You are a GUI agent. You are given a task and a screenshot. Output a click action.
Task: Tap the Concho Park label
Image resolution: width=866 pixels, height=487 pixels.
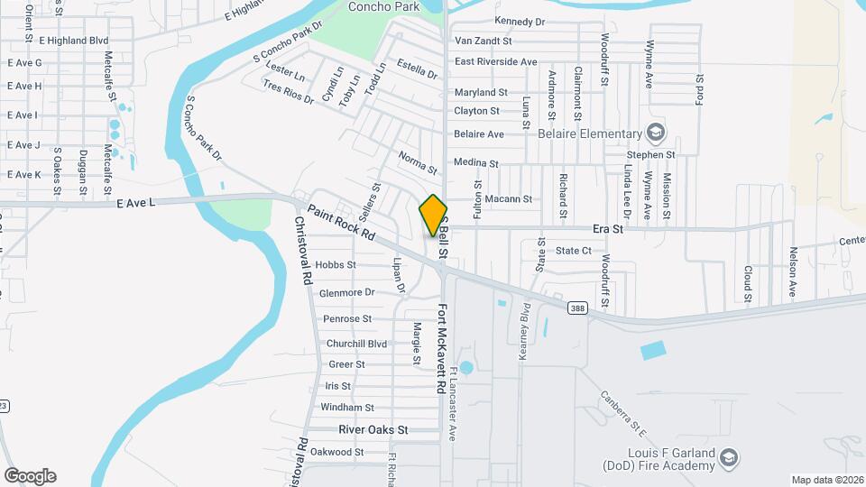pyautogui.click(x=383, y=7)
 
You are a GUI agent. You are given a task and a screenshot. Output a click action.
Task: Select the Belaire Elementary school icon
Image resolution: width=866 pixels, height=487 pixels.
pyautogui.click(x=655, y=133)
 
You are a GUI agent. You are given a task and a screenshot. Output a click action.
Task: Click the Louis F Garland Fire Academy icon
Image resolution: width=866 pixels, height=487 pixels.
pyautogui.click(x=728, y=460)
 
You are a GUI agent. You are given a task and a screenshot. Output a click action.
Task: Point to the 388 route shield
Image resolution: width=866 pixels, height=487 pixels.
pyautogui.click(x=578, y=308)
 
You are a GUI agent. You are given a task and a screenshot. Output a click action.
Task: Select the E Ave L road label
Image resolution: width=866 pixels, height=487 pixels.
pyautogui.click(x=136, y=204)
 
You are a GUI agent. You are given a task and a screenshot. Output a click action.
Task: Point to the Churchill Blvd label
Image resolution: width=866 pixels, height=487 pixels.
pyautogui.click(x=356, y=344)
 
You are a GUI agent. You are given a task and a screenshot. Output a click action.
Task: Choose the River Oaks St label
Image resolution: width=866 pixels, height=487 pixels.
pyautogui.click(x=373, y=430)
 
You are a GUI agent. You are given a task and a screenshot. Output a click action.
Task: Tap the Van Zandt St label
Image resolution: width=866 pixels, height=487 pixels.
pyautogui.click(x=483, y=41)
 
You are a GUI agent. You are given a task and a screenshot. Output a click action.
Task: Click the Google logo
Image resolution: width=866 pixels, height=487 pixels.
pyautogui.click(x=30, y=475)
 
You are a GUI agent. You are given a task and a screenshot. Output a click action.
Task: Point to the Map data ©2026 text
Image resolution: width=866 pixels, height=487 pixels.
pyautogui.click(x=826, y=480)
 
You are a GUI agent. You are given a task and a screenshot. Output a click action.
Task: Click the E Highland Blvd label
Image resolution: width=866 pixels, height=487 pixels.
pyautogui.click(x=73, y=41)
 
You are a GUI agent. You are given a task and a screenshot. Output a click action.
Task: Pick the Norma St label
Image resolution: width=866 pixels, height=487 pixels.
pyautogui.click(x=419, y=163)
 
